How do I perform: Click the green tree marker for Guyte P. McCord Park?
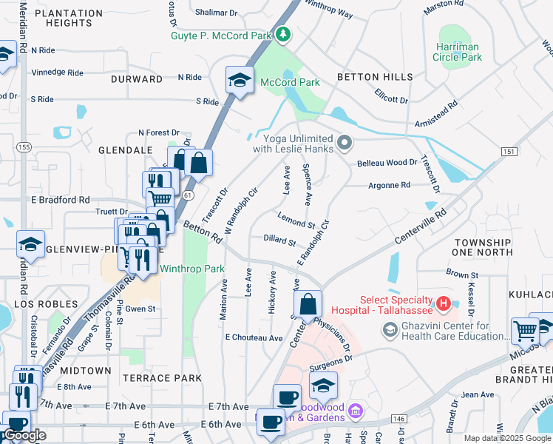point(282,35)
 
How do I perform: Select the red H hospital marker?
point(443,303)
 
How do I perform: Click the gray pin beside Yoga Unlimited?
point(344,142)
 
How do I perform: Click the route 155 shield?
point(24,147)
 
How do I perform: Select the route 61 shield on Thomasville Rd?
point(189,195)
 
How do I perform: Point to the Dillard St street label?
point(279,241)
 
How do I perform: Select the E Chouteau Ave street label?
point(254,337)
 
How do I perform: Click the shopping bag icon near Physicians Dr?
point(308,304)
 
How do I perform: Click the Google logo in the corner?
point(24,435)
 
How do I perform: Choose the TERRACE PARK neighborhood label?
point(161,378)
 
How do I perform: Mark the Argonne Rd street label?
point(389,185)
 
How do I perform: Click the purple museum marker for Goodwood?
point(355,410)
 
